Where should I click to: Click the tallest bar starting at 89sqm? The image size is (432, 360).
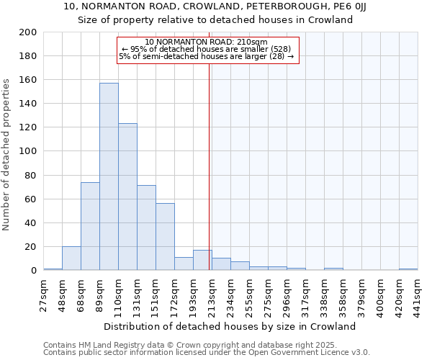109,176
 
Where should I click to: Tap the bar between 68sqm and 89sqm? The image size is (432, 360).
90,226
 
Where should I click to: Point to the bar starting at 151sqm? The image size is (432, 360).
165,237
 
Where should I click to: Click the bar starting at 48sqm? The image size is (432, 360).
71,258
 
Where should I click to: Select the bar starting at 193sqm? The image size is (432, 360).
202,260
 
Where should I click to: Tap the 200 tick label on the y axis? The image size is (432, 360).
29,32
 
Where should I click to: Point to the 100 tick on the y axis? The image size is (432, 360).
29,151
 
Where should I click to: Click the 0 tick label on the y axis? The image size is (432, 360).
34,270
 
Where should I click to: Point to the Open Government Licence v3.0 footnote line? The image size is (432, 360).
207,352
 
